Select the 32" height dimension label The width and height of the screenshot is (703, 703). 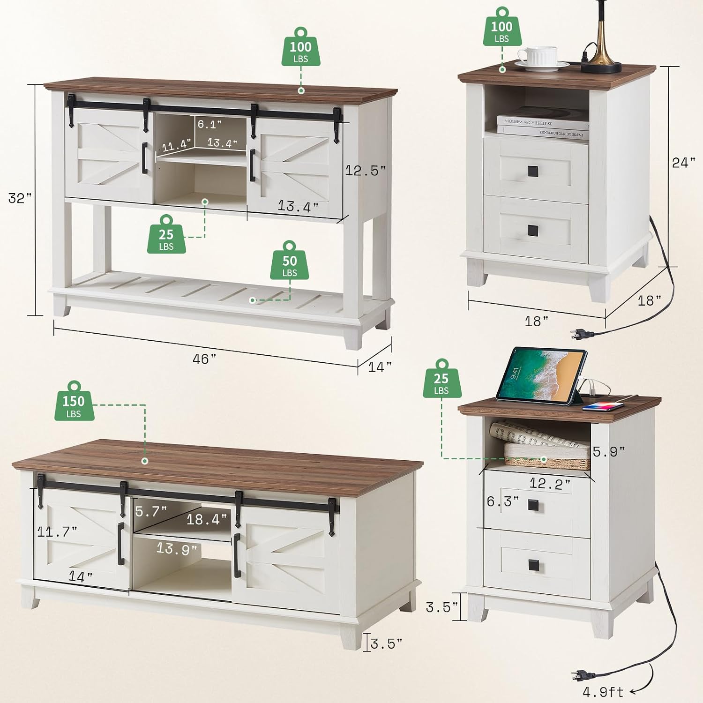coord(20,198)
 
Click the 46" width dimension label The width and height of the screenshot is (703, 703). coord(204,359)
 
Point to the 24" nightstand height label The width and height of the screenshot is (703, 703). coord(684,163)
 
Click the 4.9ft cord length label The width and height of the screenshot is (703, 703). coord(604,692)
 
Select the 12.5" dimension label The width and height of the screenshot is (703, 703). coord(366,171)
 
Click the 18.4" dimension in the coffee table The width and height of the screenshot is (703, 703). coord(207,519)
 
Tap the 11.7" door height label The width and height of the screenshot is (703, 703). coord(57,531)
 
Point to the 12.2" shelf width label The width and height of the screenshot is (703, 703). coord(550,483)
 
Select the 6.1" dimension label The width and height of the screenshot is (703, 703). coord(209,124)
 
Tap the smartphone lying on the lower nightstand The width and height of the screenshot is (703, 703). coord(604,406)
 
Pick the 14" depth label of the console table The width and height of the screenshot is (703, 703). coord(380,367)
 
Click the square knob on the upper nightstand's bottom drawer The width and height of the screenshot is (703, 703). coord(533,230)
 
